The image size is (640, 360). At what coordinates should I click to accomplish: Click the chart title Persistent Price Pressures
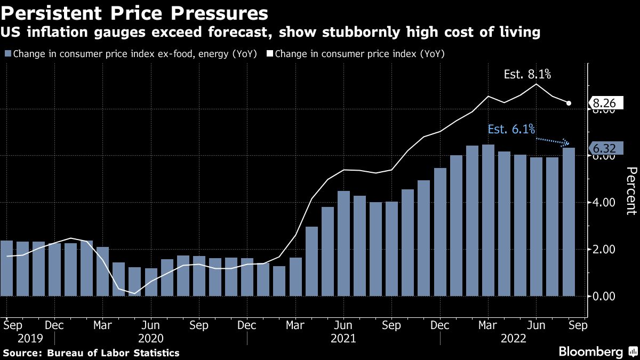pos(134,12)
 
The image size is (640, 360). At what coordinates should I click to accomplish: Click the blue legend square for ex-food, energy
pos(7,53)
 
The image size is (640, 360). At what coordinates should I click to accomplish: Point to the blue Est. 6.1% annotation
pos(511,129)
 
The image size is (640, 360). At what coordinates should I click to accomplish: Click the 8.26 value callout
pos(606,103)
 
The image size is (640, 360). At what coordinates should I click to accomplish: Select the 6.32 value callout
pos(606,148)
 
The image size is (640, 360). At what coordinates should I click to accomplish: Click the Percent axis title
pos(631,190)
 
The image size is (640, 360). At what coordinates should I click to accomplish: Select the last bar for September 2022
pos(569,221)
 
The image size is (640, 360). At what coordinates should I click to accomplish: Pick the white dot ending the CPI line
pos(569,103)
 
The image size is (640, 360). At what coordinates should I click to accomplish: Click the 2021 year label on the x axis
pos(344,338)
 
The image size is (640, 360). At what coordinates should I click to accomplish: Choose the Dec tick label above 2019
pos(54,324)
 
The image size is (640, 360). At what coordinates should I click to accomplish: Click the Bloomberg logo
pos(590,352)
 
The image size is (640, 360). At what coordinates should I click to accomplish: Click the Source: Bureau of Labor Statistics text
pos(91,353)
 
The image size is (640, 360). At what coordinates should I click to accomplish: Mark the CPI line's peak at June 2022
pos(536,84)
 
